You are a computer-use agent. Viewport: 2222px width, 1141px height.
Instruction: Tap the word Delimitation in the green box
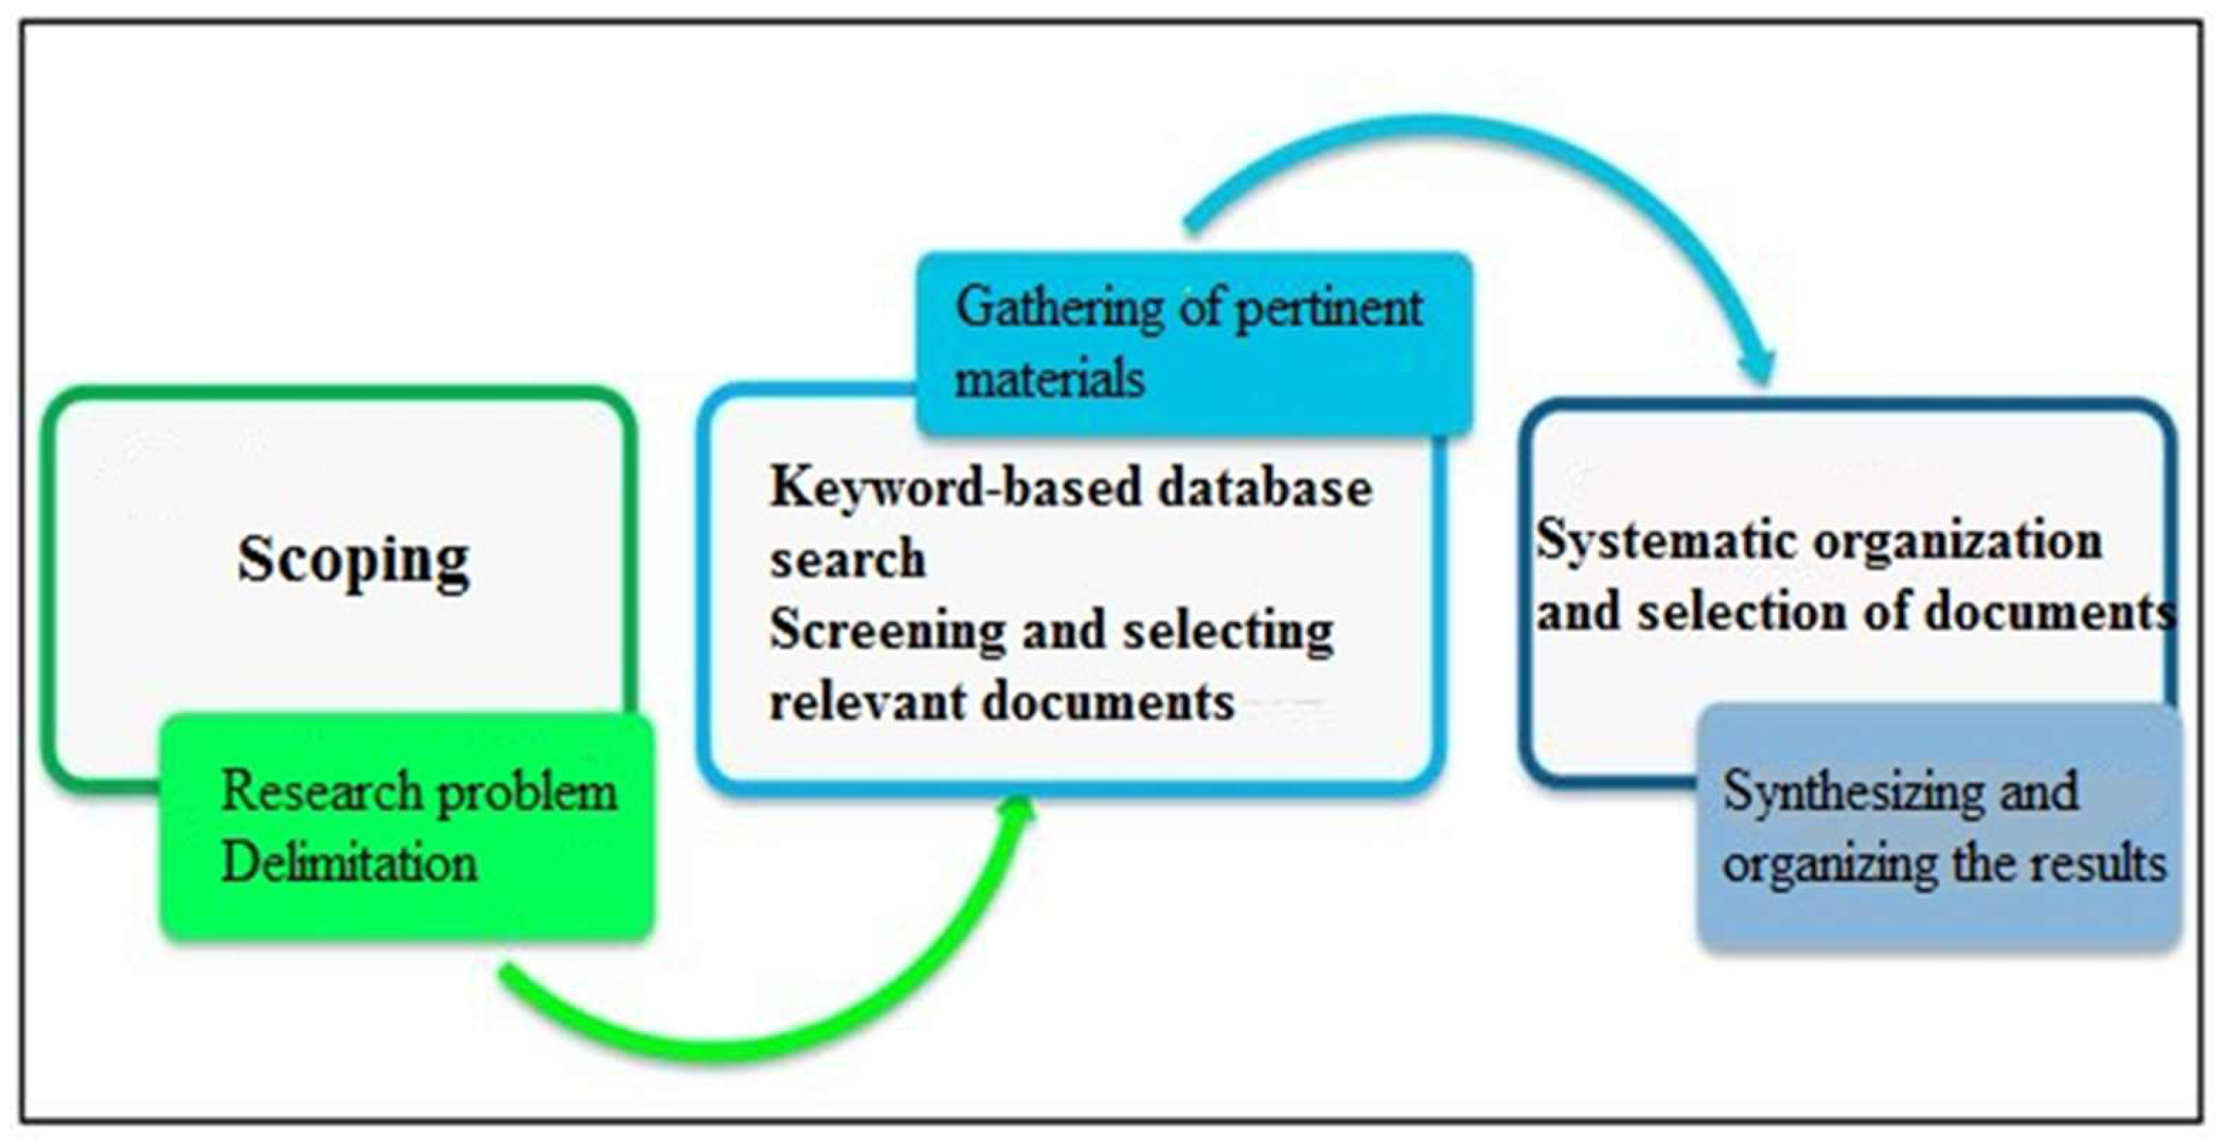pos(349,863)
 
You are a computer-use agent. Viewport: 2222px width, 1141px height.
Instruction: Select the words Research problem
pos(419,792)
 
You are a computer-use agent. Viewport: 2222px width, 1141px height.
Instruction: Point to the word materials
pos(1049,378)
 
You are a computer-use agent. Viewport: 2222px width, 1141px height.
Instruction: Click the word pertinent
pos(1329,309)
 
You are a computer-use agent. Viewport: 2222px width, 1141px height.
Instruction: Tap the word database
pos(1265,488)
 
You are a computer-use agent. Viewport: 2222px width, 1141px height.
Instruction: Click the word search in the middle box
pos(847,559)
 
